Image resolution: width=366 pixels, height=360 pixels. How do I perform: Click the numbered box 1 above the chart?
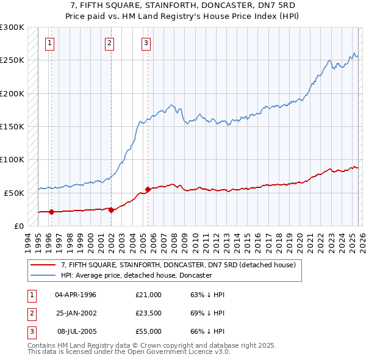tap(49, 43)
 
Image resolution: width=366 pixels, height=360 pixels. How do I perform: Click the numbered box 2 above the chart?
tap(109, 43)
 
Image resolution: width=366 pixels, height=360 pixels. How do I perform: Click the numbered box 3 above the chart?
tap(146, 43)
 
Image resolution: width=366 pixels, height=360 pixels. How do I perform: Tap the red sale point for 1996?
tap(51, 212)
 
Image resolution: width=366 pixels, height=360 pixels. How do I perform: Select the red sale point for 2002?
tap(111, 210)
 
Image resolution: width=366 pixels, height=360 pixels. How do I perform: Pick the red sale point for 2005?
tap(148, 190)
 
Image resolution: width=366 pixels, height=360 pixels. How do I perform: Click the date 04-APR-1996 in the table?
tap(76, 295)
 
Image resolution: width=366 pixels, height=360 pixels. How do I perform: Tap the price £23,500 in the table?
tap(148, 313)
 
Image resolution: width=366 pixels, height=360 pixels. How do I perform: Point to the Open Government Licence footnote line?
tap(129, 352)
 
